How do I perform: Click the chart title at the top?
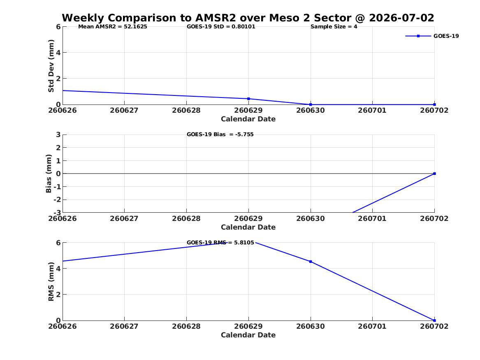pos(248,18)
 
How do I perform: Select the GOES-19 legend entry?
pos(432,36)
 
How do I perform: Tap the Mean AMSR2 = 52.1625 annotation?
pos(113,27)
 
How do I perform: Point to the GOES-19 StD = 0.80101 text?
pos(221,27)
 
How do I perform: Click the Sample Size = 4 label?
pos(334,27)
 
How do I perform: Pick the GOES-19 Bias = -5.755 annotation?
pos(220,135)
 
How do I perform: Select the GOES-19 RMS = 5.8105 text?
pos(220,242)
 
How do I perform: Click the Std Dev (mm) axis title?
pos(51,66)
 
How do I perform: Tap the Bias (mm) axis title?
pos(49,174)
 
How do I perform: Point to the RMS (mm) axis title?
pos(51,282)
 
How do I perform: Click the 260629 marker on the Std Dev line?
pos(248,99)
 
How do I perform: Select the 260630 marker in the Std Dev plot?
pos(311,105)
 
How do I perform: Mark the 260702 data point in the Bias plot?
pos(434,174)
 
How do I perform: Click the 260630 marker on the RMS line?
pos(311,262)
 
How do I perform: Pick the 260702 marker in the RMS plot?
pos(434,321)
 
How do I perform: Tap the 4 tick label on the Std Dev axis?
pos(58,53)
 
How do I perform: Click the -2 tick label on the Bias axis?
pos(57,200)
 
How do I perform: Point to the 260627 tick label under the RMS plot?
pos(124,326)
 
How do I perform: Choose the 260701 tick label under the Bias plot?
pos(372,218)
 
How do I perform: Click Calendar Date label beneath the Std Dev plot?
pos(248,119)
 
